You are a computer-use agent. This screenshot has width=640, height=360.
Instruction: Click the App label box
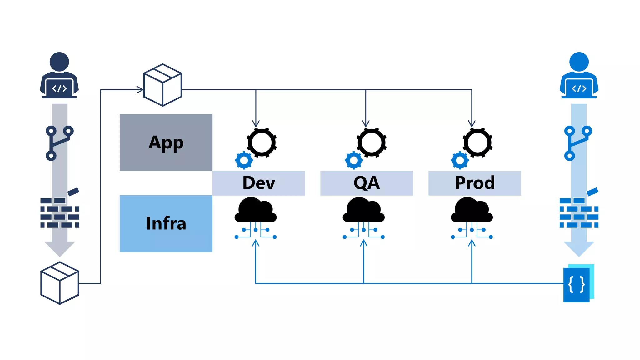click(166, 142)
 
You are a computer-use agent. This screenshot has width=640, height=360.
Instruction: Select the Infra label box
click(166, 223)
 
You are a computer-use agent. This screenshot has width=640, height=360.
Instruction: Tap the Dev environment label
click(258, 183)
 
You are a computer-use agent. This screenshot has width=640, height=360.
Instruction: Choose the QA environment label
click(367, 183)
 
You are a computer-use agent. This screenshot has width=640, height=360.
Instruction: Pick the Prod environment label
click(475, 183)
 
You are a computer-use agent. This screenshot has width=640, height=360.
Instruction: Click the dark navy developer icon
click(59, 76)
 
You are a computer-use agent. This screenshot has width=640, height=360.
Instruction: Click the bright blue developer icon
click(579, 76)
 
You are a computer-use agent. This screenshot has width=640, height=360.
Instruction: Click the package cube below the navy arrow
click(60, 283)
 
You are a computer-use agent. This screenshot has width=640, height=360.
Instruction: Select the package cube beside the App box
click(162, 85)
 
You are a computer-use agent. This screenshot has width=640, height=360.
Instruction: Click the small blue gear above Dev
click(244, 160)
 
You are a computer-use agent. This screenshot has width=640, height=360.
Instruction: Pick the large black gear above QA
click(372, 142)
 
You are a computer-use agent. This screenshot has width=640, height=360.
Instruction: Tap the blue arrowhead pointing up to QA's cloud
click(363, 243)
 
